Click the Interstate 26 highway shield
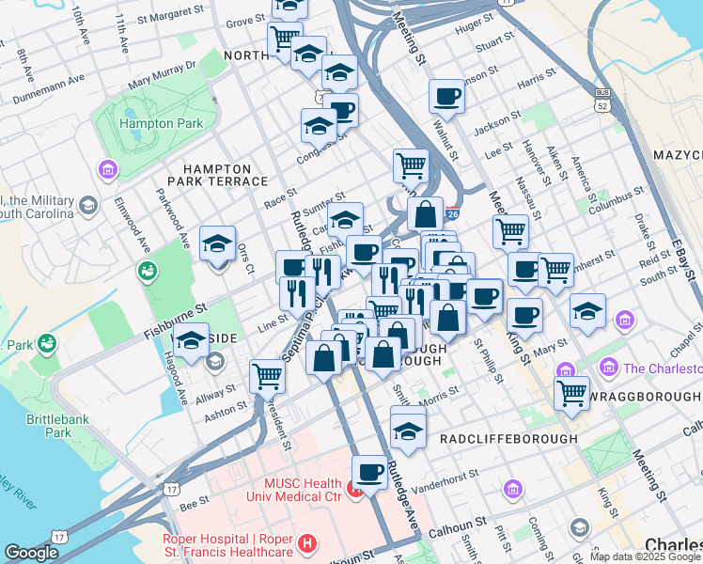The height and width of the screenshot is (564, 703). pyautogui.click(x=453, y=215)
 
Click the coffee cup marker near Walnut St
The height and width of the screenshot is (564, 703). pyautogui.click(x=446, y=96)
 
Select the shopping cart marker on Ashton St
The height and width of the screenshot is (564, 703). pyautogui.click(x=268, y=376)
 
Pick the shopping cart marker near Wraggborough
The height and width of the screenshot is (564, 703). pyautogui.click(x=571, y=393)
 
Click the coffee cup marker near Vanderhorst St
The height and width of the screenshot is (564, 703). pyautogui.click(x=369, y=472)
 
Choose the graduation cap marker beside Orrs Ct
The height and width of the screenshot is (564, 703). pyautogui.click(x=218, y=244)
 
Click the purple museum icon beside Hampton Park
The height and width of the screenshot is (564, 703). pyautogui.click(x=107, y=170)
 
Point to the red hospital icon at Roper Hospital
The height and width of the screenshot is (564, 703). pyautogui.click(x=305, y=543)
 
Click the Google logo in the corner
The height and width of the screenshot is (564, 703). pyautogui.click(x=32, y=553)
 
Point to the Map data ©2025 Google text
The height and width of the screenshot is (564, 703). pyautogui.click(x=645, y=556)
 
